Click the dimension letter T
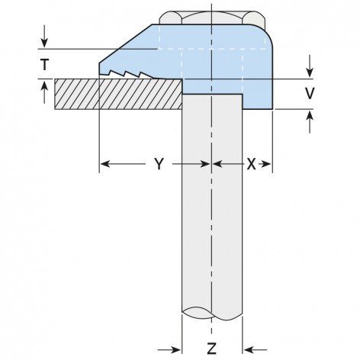[x=46, y=66]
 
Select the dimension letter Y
[x=158, y=165]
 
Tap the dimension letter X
[x=250, y=165]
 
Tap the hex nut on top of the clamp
[x=211, y=17]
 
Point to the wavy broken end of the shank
[x=211, y=313]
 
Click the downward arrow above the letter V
[x=310, y=66]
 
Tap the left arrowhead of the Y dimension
[x=104, y=165]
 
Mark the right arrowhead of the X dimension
[x=268, y=165]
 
